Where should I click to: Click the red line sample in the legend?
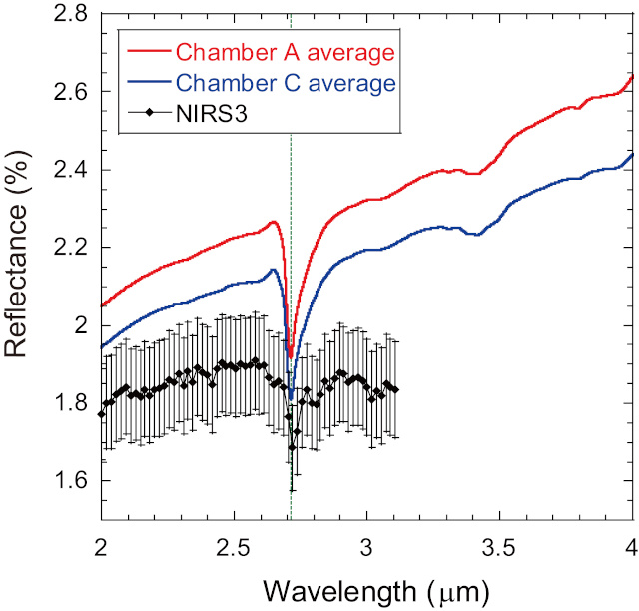(x=147, y=52)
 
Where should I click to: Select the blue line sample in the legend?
(x=147, y=82)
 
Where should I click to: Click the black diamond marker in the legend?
(x=147, y=112)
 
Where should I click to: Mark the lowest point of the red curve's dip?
(x=290, y=356)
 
